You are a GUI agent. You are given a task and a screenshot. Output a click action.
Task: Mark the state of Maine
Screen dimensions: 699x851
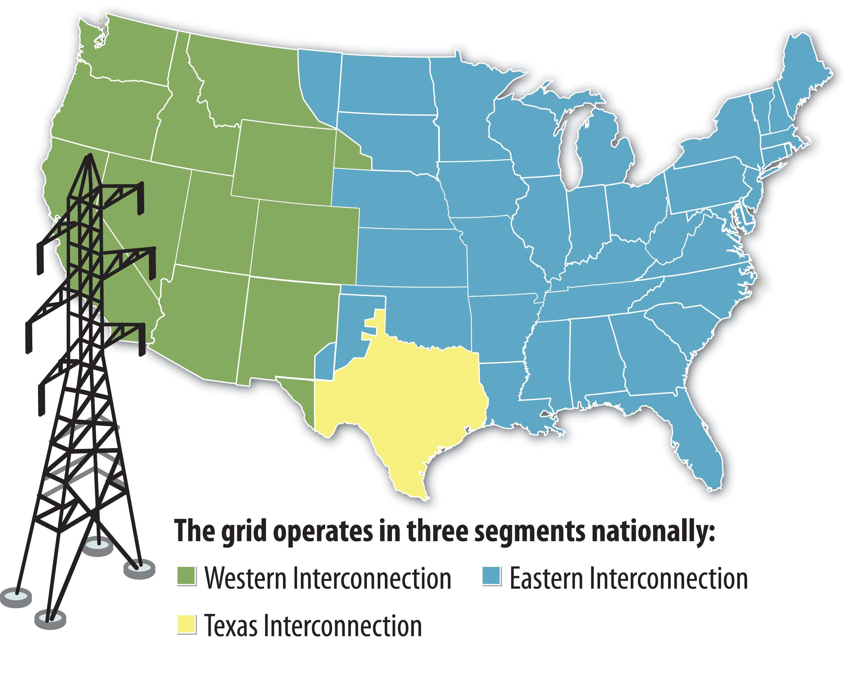point(802,77)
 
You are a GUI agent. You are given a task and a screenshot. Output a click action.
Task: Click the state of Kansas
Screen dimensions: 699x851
point(411,258)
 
